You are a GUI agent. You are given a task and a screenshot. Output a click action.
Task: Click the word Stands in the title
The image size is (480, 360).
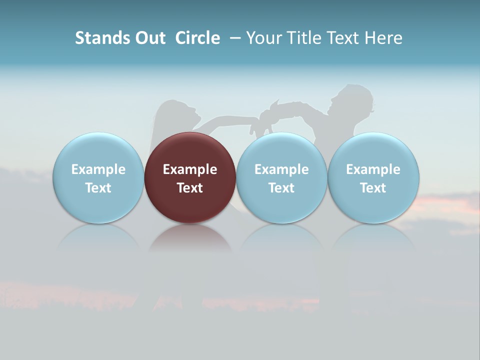pos(101,38)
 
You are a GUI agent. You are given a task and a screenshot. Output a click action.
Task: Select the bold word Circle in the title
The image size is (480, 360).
pos(197,38)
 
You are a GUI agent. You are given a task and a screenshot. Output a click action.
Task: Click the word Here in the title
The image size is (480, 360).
pos(383,38)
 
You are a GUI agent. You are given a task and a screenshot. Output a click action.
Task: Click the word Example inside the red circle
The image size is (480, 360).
pos(190,169)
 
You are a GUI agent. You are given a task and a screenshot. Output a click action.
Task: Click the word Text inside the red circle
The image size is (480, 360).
pos(190,188)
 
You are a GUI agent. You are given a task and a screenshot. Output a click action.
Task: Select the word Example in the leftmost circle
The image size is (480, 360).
pos(98,169)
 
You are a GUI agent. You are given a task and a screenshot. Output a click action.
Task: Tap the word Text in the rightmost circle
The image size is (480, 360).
pos(373,188)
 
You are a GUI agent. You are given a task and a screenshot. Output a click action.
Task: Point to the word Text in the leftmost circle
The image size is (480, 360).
pos(98,188)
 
